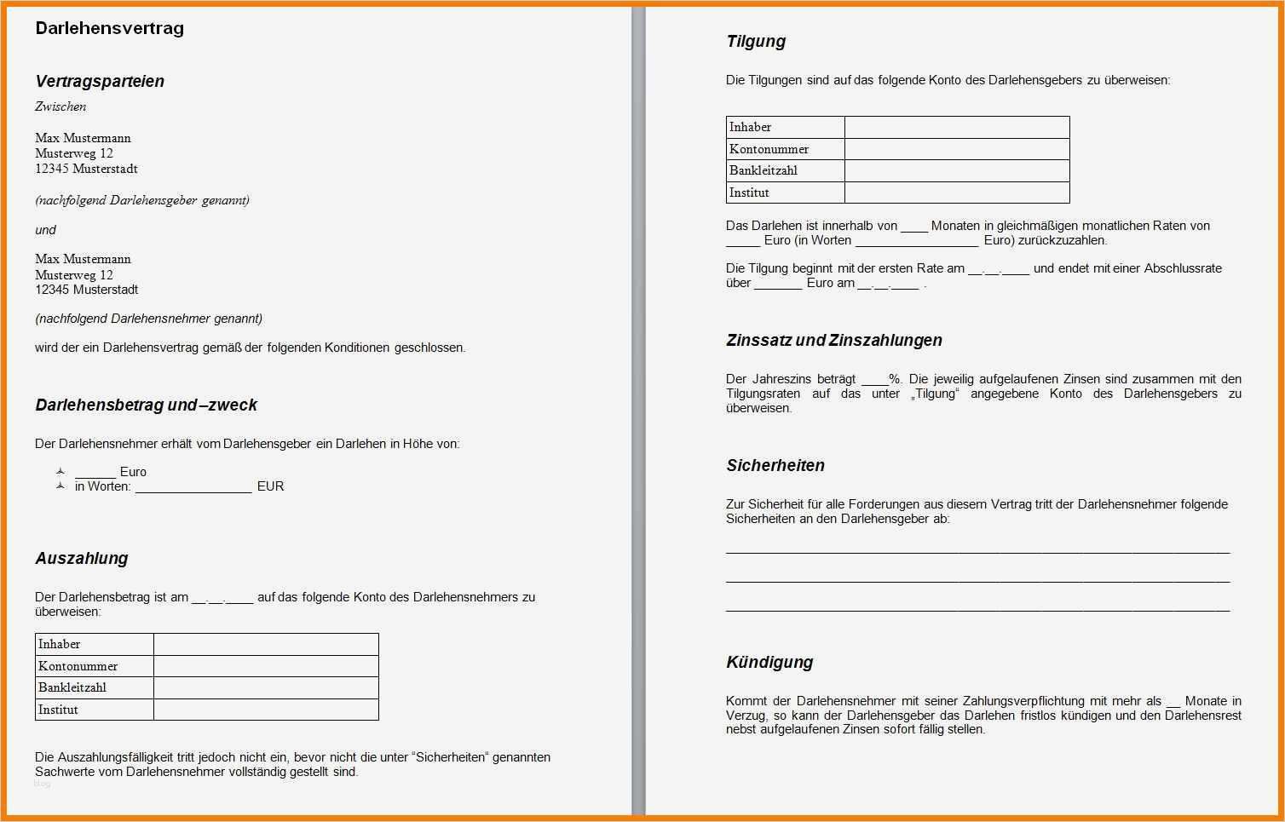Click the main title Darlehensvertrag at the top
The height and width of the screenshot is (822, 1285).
[109, 28]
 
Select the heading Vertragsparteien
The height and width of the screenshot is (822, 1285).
[100, 81]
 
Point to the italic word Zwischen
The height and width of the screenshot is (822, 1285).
[61, 106]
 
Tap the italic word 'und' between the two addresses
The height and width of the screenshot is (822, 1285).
[45, 230]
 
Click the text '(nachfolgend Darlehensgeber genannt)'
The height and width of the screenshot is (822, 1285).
[141, 200]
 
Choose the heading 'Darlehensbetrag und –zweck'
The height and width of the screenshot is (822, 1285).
[146, 405]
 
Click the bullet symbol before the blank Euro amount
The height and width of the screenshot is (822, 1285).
[61, 471]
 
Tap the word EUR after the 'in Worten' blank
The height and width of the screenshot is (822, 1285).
[270, 486]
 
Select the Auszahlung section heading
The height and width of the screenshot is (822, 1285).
[82, 558]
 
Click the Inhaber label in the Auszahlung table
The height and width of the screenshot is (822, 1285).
[60, 644]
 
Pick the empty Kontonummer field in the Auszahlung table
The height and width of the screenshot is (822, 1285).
[266, 666]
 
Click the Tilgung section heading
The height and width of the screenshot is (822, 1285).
[756, 41]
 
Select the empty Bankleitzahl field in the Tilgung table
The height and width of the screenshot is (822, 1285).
[956, 170]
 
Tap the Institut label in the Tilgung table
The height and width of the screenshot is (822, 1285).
[749, 193]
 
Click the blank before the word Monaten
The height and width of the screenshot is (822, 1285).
[914, 227]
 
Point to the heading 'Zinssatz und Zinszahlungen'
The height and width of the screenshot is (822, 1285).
[834, 340]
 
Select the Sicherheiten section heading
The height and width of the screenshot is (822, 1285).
[775, 465]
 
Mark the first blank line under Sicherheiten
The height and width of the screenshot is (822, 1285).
[977, 551]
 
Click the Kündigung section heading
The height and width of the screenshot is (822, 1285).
[769, 662]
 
